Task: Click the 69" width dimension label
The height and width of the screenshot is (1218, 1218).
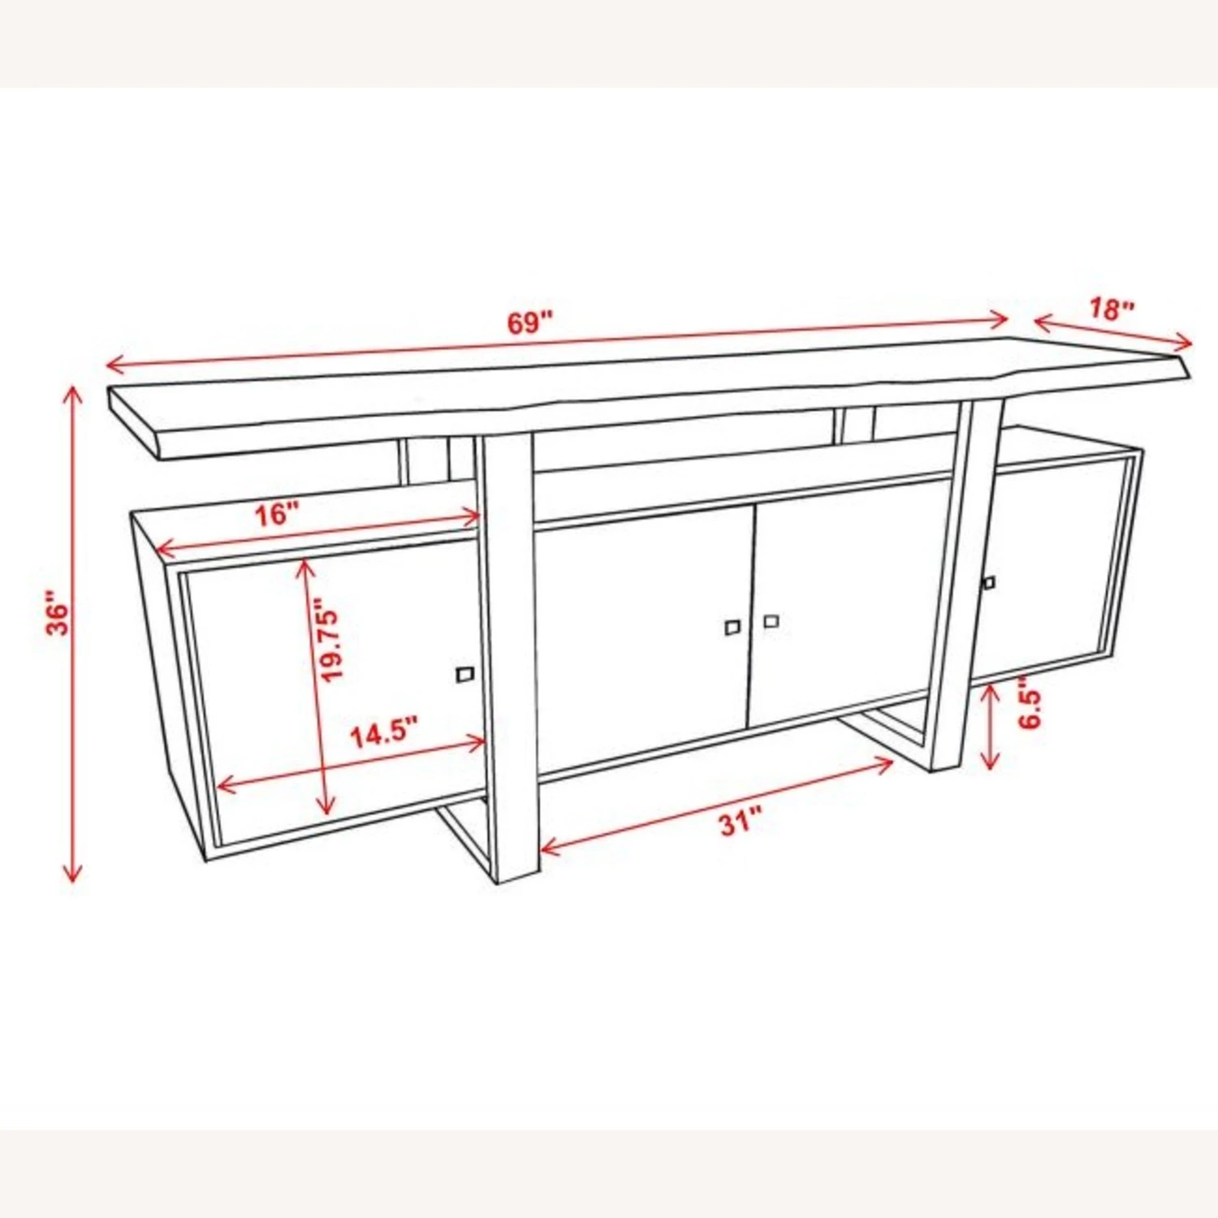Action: (529, 322)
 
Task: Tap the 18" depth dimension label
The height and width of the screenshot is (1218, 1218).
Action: (1111, 309)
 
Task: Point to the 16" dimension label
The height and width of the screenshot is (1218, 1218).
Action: (277, 514)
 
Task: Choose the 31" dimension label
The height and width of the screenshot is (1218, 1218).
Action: (741, 823)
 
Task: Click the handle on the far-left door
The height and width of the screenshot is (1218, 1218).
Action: (465, 673)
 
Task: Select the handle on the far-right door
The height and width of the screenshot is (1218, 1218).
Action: (989, 582)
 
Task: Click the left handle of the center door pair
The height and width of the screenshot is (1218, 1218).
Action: (732, 627)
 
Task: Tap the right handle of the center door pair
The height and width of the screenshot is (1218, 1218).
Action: (771, 621)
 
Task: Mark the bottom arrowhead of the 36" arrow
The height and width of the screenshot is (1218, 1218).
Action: (72, 879)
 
